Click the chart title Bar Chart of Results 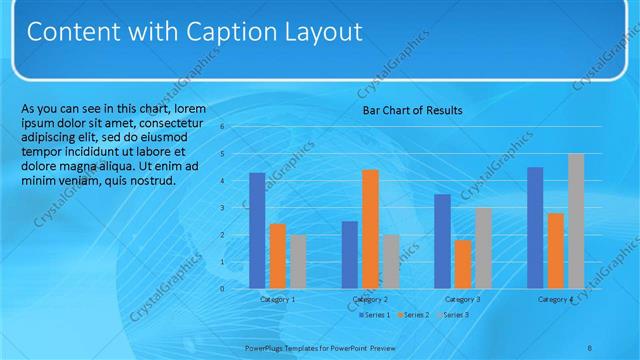(x=412, y=110)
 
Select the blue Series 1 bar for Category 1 (x=257, y=230)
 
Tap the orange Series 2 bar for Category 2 (x=370, y=229)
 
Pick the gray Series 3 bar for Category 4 (x=575, y=221)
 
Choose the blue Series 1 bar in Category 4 (x=535, y=227)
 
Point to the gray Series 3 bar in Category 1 (x=298, y=261)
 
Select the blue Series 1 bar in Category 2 (x=349, y=254)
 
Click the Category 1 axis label (x=277, y=299)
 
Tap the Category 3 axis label (x=462, y=299)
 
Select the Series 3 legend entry (x=454, y=314)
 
